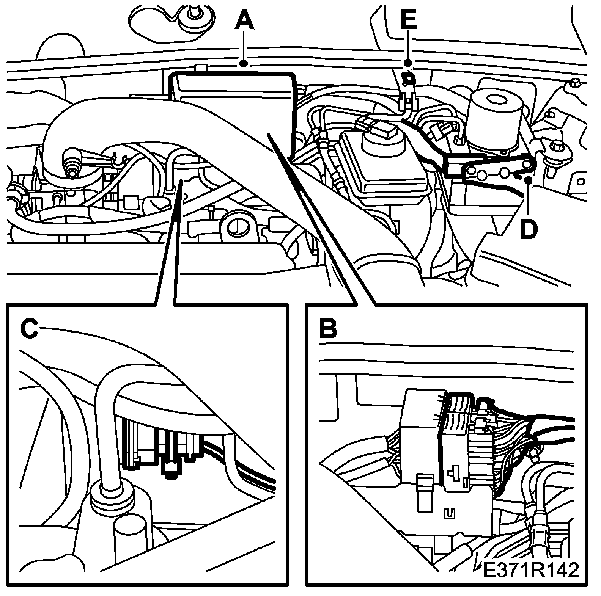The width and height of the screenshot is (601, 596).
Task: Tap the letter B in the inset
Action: point(328,329)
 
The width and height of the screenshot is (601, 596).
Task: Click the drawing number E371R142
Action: point(531,581)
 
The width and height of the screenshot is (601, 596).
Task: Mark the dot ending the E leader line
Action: point(408,63)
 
